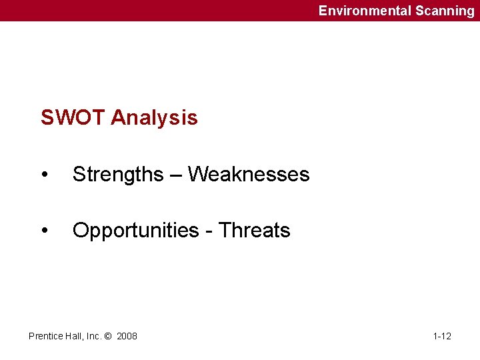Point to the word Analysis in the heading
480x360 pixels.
tap(154, 118)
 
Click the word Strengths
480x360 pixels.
tap(118, 175)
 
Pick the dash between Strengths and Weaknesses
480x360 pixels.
tap(175, 175)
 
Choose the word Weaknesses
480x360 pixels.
tap(249, 175)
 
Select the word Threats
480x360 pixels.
tap(255, 231)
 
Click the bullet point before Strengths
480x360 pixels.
tap(44, 175)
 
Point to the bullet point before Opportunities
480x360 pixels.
tap(44, 231)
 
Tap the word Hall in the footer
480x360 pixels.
tap(73, 336)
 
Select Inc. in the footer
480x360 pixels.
tap(93, 336)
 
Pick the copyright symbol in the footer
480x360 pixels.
tap(109, 336)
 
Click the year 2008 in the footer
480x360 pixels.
tap(127, 336)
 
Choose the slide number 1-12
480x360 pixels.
tap(442, 336)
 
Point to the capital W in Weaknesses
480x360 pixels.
tap(197, 175)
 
